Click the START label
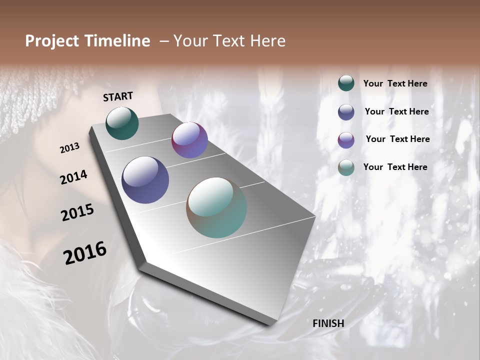[x=118, y=96]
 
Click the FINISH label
[x=328, y=323]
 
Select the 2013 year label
[x=69, y=148]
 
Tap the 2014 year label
[x=73, y=177]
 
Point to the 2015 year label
[x=77, y=212]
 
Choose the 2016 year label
[x=85, y=253]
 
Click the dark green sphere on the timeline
[x=122, y=123]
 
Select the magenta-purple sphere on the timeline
[x=189, y=140]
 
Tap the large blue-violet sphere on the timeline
[x=145, y=180]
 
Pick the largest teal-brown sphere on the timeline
[x=216, y=207]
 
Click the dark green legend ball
[x=346, y=83]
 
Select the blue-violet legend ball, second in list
[x=346, y=112]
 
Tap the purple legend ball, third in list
[x=346, y=140]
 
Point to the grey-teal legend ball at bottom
[x=346, y=167]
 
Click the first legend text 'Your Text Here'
[x=395, y=83]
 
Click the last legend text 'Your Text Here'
[x=395, y=167]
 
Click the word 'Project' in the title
[x=51, y=41]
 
